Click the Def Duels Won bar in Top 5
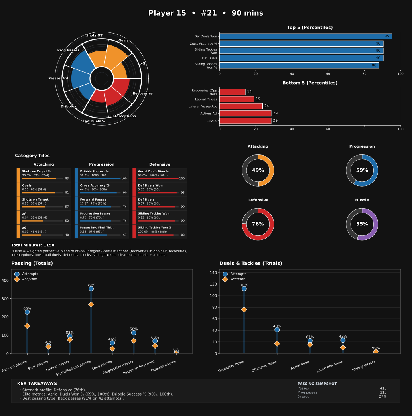305,36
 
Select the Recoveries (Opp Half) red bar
232,92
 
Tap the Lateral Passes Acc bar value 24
266,106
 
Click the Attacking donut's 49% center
258,170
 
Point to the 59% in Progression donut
362,170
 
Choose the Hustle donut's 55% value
362,224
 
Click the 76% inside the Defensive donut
258,224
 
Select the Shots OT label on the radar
94,35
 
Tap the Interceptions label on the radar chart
123,116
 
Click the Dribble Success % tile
102,175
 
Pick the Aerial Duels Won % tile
160,175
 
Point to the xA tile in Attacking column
43,217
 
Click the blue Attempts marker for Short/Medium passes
91,288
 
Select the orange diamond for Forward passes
27,326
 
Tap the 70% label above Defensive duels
244,285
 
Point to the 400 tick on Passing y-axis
5,280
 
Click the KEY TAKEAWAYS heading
37,384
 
